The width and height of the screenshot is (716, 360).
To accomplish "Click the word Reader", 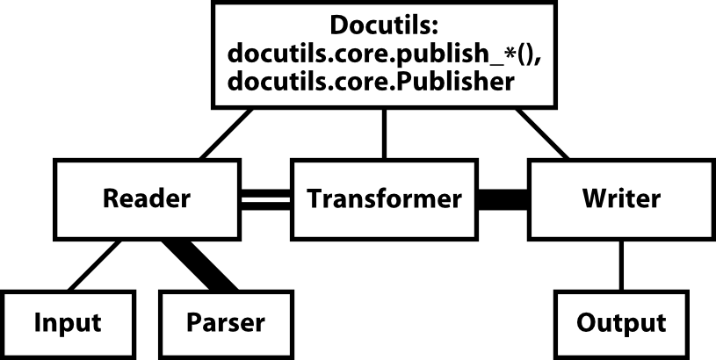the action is click(x=147, y=198).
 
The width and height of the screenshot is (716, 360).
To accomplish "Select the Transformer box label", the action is click(x=384, y=199).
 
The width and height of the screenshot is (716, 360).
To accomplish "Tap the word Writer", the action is click(x=621, y=198).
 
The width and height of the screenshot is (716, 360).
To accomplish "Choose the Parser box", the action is click(x=226, y=323).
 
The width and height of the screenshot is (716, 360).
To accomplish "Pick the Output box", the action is click(x=621, y=323).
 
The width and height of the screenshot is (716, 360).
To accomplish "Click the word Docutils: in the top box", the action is click(x=384, y=25).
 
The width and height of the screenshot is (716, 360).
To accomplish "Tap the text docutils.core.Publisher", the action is click(x=371, y=82).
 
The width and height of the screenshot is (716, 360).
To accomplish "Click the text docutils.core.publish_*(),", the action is click(x=384, y=54).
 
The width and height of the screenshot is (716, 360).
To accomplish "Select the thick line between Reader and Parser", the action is click(x=200, y=265).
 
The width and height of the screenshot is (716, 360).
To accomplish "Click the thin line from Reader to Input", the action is click(x=95, y=265).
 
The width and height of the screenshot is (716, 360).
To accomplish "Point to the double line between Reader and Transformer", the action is click(x=265, y=199).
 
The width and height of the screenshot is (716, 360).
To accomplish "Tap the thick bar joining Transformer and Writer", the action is click(x=503, y=199).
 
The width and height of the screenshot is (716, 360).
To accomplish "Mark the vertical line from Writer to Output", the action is click(x=621, y=265).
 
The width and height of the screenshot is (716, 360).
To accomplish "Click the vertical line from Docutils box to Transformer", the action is click(x=384, y=133).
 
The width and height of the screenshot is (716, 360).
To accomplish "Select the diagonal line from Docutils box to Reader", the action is click(x=226, y=133).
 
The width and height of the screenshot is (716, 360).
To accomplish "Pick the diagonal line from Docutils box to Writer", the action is click(x=542, y=133).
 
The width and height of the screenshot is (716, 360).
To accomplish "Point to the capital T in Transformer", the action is click(x=315, y=199).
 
